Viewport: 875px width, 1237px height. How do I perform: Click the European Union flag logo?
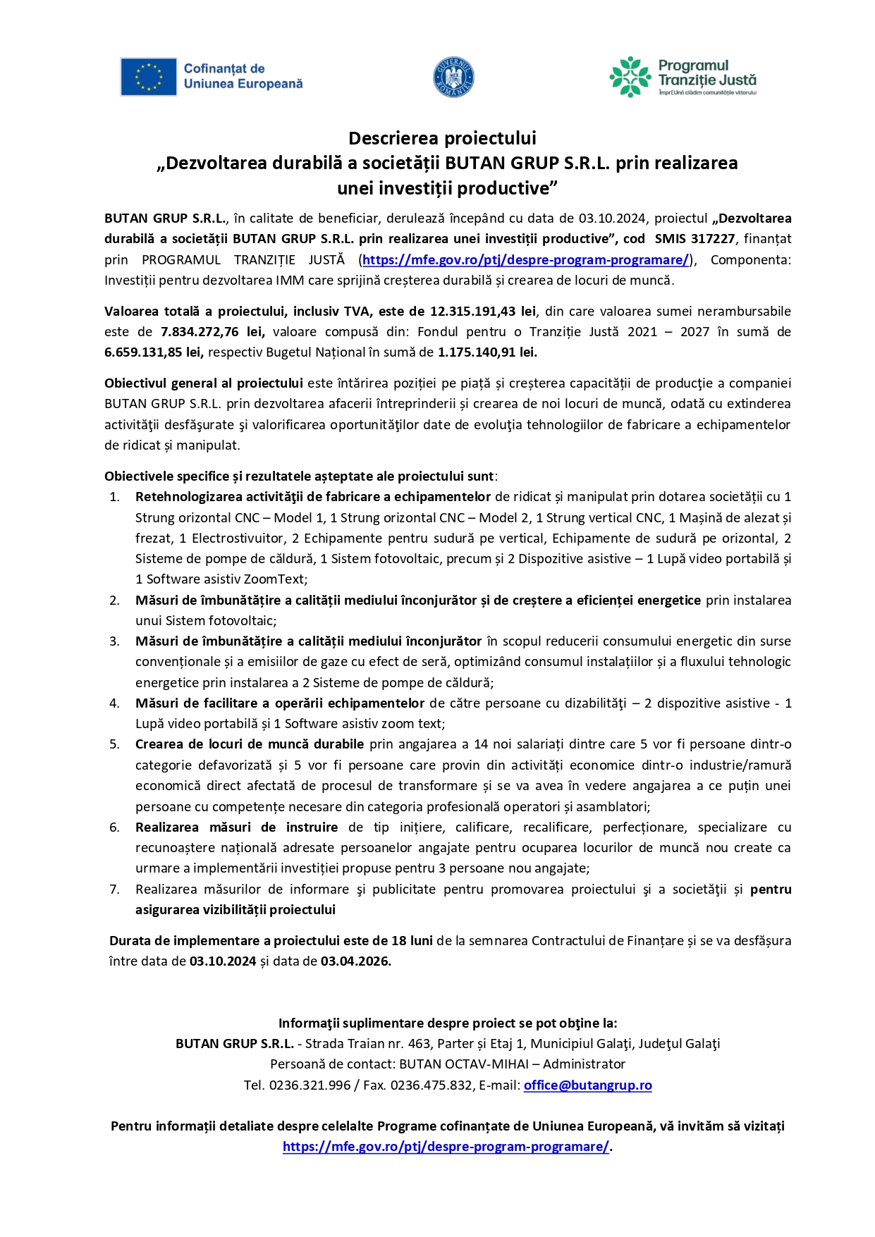point(148,77)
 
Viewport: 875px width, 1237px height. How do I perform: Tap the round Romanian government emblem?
point(453,77)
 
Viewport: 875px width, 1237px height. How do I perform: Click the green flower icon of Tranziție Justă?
point(630,77)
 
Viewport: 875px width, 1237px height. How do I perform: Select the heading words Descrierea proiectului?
point(442,138)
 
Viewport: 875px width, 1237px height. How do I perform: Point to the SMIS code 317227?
point(713,239)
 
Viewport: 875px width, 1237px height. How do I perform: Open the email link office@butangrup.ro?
point(587,1085)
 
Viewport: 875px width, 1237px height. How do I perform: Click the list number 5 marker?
point(114,744)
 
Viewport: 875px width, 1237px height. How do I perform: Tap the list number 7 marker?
point(114,890)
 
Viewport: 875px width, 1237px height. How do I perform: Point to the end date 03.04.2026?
point(355,961)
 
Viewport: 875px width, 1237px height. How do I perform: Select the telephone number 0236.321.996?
point(310,1085)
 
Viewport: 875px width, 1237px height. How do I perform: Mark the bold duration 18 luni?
point(412,941)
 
